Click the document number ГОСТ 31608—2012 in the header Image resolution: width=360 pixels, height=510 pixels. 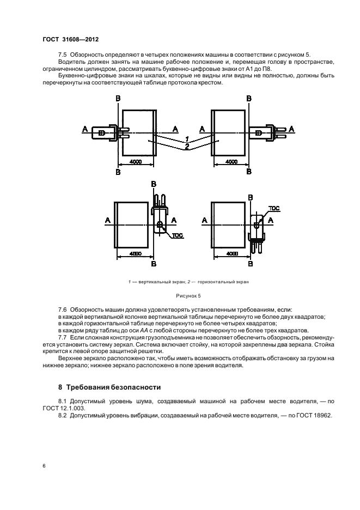click(x=70, y=40)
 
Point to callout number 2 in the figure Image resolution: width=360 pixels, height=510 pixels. click(x=186, y=148)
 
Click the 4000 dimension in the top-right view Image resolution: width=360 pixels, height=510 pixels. click(x=231, y=162)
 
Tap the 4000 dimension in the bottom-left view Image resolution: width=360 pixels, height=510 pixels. click(x=133, y=253)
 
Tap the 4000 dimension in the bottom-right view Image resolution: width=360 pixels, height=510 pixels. click(x=231, y=253)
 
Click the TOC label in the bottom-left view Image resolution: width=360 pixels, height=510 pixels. click(x=177, y=235)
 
